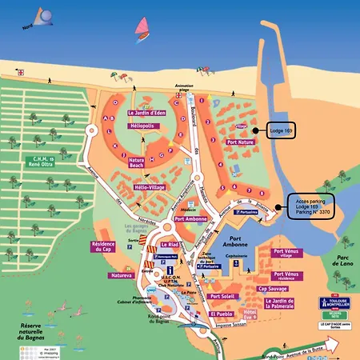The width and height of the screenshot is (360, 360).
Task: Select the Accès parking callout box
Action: [x=310, y=206]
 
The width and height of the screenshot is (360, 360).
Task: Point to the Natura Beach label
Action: [x=142, y=164]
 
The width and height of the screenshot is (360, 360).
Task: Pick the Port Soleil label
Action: [x=222, y=297]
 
